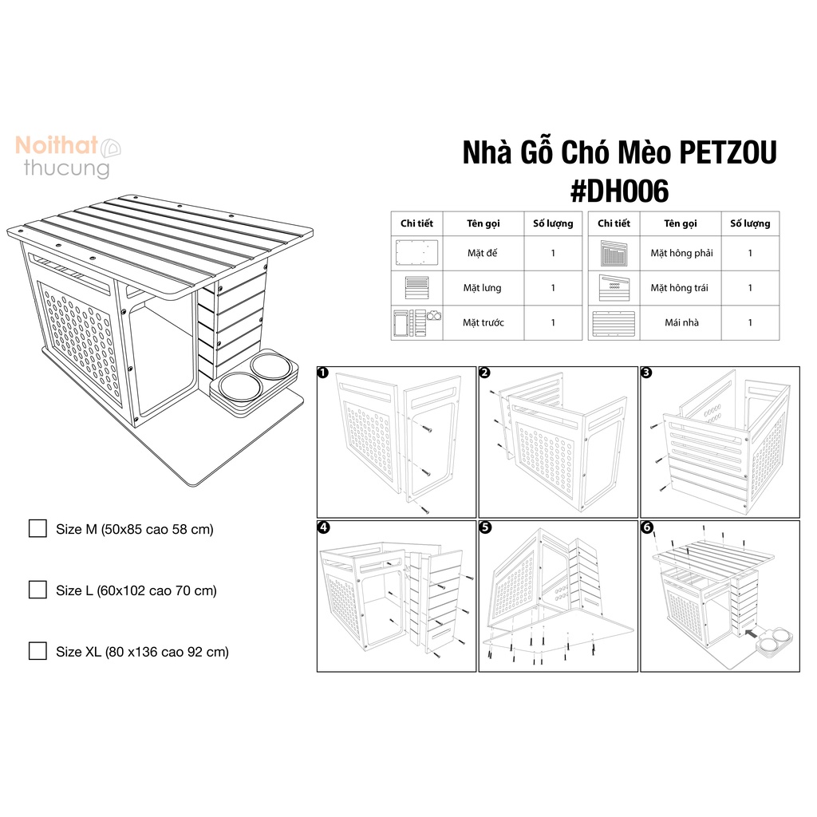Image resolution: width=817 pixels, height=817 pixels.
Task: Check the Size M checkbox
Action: pyautogui.click(x=37, y=528)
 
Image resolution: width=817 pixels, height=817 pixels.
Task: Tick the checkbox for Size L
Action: pyautogui.click(x=37, y=590)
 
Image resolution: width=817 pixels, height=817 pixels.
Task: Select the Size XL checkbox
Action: pyautogui.click(x=37, y=651)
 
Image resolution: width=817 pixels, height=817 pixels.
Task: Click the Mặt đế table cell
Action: pyautogui.click(x=483, y=253)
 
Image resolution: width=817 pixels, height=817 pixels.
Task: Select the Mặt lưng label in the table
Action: pyautogui.click(x=483, y=288)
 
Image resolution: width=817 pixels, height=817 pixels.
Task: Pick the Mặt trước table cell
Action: pyautogui.click(x=483, y=323)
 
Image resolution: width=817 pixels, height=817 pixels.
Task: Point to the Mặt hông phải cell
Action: pyautogui.click(x=681, y=253)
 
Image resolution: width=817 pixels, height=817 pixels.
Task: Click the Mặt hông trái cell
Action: pyautogui.click(x=681, y=288)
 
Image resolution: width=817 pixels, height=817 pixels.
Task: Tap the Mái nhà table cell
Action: pyautogui.click(x=681, y=323)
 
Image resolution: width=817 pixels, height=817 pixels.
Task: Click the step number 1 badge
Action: pyautogui.click(x=324, y=373)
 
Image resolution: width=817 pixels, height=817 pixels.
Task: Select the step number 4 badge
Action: pyautogui.click(x=324, y=527)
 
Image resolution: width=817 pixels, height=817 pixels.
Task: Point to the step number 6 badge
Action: pyautogui.click(x=646, y=527)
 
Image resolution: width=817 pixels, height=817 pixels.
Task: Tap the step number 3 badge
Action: pyautogui.click(x=646, y=373)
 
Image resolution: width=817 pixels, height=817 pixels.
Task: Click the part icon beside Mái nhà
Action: pyautogui.click(x=614, y=324)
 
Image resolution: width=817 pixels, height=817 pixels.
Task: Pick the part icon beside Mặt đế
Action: pyautogui.click(x=417, y=253)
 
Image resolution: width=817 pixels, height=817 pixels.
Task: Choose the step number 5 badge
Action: pyautogui.click(x=485, y=527)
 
